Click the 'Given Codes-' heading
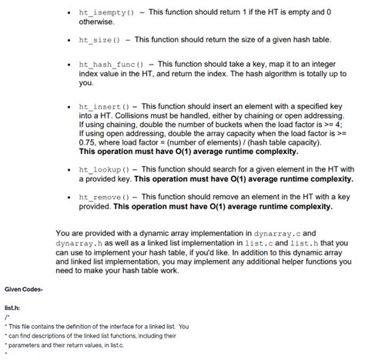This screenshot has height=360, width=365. pyautogui.click(x=25, y=288)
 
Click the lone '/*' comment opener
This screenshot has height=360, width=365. pyautogui.click(x=6, y=316)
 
